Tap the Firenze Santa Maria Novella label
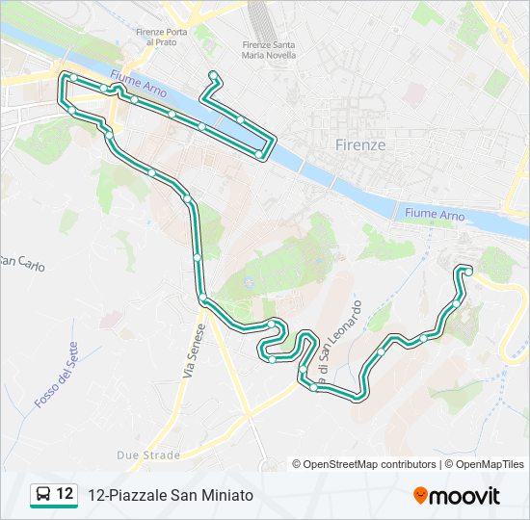[270, 49]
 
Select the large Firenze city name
[359, 144]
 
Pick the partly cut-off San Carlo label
[21, 262]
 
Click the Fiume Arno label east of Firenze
[435, 214]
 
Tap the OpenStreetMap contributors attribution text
[364, 464]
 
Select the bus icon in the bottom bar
[43, 495]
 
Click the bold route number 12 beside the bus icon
[65, 494]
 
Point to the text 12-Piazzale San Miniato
[170, 495]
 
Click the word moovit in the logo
[466, 495]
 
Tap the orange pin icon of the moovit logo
[421, 495]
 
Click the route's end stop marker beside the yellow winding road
[467, 271]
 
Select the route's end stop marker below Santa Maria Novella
[214, 76]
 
